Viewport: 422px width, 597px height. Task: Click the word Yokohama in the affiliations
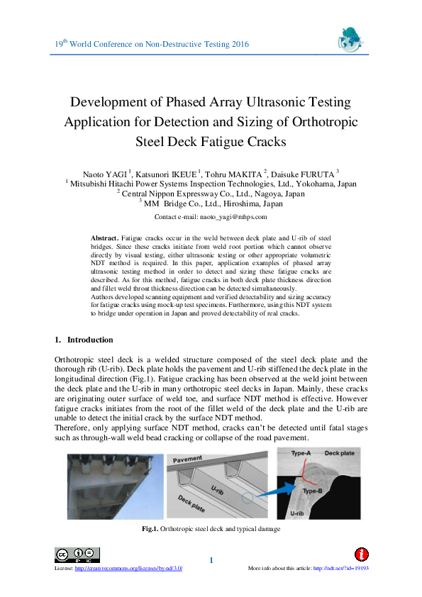click(x=309, y=182)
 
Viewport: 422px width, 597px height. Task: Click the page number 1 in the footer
click(x=211, y=562)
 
